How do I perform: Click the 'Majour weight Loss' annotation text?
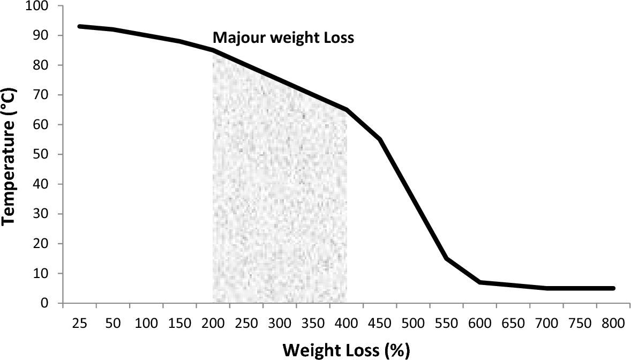pos(283,39)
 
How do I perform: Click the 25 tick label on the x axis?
pos(80,324)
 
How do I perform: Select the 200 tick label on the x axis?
pos(213,324)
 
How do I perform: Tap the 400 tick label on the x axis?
pos(347,324)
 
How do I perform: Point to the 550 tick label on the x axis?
pos(447,324)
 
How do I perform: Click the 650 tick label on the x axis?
pos(514,324)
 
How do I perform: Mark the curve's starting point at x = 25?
pos(80,26)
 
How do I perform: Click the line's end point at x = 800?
pos(613,288)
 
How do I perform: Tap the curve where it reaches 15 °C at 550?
pos(447,259)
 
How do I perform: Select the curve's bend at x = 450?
pos(380,139)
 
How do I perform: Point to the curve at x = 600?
pos(480,282)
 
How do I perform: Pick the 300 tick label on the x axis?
pos(280,324)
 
